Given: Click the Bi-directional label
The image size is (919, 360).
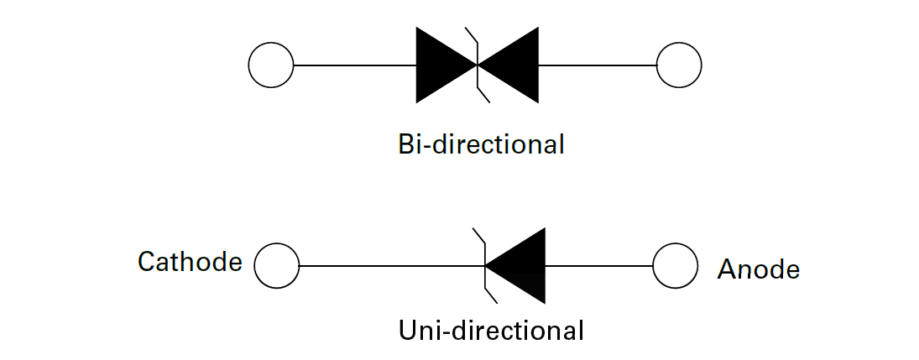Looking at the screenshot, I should coord(481,144).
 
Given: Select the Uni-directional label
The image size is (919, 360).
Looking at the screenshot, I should coord(491,330).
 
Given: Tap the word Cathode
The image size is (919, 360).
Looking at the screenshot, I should coord(190,263).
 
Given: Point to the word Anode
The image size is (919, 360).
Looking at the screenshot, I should coord(759,269).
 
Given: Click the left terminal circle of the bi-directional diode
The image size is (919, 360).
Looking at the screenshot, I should coord(271,65).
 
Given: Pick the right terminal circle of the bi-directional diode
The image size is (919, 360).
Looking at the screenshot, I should coord(678,65).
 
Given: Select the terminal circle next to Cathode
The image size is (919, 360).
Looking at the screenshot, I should coord(276,266).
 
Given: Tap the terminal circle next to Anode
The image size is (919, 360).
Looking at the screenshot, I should coord(675,266).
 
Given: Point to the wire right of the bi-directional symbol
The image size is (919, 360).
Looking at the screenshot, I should coord(597,65).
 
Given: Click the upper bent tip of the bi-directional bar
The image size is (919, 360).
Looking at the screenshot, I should coord(469,33).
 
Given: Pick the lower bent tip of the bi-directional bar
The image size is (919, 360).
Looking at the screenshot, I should coord(485,97).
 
